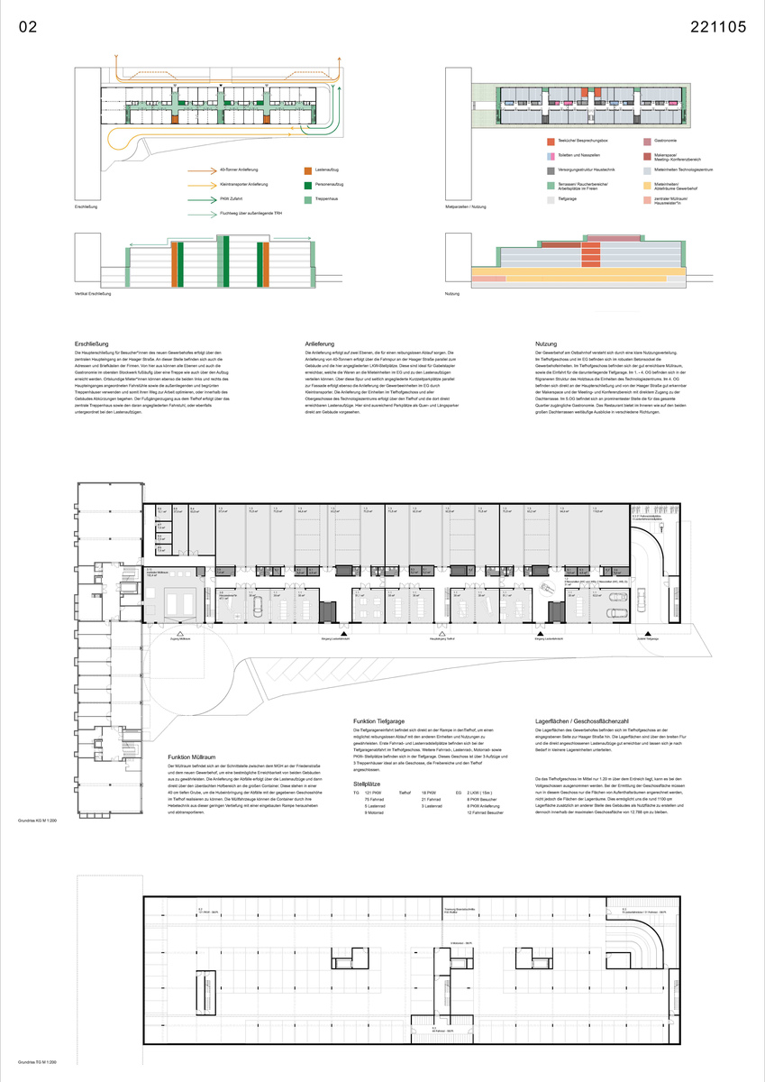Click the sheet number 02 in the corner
[x=28, y=27]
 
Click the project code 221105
[x=718, y=27]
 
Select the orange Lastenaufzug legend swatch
[x=307, y=170]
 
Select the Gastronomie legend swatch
[x=647, y=142]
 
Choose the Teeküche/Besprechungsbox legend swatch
[x=551, y=142]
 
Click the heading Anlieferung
[x=323, y=344]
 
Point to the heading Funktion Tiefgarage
[x=385, y=722]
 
